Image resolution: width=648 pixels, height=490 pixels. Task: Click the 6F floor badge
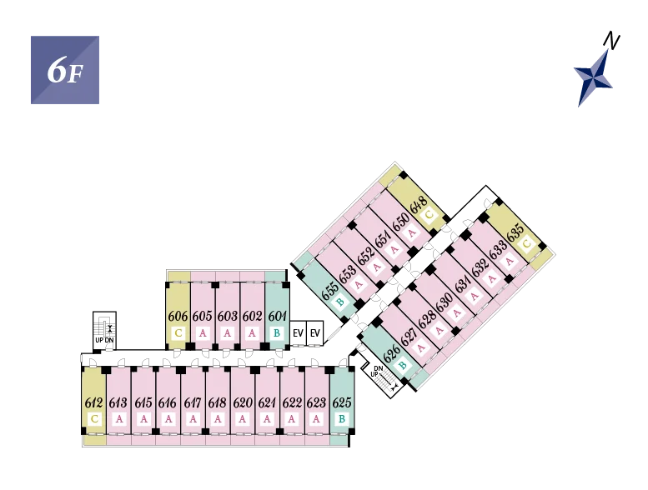[x=65, y=70]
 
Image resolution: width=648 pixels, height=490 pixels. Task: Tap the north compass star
[x=594, y=77]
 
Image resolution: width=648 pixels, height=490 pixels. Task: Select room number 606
[x=178, y=316]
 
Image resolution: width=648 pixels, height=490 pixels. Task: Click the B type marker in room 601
[x=277, y=333]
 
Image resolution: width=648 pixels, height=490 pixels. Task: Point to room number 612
[x=93, y=402]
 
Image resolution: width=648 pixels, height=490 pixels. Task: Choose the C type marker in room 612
[x=94, y=419]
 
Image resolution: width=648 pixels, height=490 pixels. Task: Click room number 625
[x=342, y=402]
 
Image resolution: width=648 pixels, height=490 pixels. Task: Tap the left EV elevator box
[x=298, y=333]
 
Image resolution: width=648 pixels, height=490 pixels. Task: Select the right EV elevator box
[x=315, y=333]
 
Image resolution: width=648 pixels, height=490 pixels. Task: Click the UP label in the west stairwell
[x=99, y=340]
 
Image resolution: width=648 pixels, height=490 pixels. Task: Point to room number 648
[x=418, y=204]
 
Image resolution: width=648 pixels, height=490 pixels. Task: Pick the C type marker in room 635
[x=527, y=243]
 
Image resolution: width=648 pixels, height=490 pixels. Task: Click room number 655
[x=330, y=291]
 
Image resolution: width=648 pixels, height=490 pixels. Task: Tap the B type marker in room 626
[x=403, y=365]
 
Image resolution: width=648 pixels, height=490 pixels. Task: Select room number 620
[x=243, y=402]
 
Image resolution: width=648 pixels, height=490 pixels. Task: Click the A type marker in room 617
[x=193, y=419]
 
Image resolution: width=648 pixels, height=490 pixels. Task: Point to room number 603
[x=228, y=316]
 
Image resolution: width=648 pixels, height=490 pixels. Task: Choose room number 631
[x=463, y=283]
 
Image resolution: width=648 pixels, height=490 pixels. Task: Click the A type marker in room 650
[x=412, y=233]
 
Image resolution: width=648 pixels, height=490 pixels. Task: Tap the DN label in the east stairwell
[x=378, y=368]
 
